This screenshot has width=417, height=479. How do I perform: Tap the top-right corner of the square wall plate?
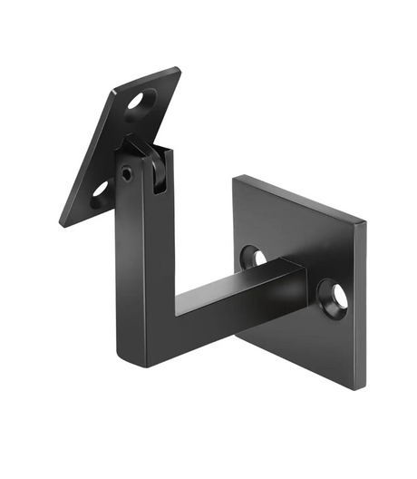366,220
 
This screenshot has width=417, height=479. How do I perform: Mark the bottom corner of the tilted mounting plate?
62,224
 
